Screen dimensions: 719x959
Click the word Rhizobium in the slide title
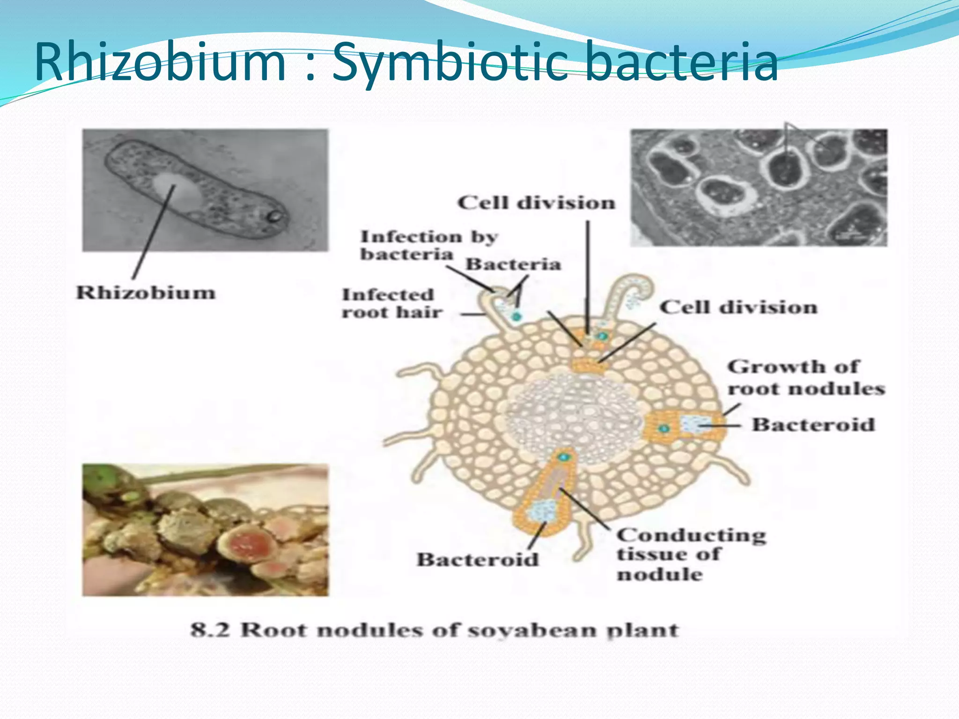(159, 62)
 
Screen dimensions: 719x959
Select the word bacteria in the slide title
(681, 62)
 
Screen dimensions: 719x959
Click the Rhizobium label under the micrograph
(146, 293)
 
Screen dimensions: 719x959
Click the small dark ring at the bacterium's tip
(274, 216)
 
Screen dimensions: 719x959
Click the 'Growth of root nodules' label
(805, 377)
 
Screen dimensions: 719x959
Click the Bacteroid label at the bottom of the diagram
(478, 559)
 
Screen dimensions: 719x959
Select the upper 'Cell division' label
(536, 203)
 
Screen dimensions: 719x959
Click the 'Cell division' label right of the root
(738, 308)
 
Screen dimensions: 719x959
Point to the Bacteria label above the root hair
(513, 264)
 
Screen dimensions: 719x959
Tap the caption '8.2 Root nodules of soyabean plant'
(434, 630)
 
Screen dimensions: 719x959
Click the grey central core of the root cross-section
(571, 417)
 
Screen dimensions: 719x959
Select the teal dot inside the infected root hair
(516, 317)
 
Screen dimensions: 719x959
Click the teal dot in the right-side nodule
(664, 428)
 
